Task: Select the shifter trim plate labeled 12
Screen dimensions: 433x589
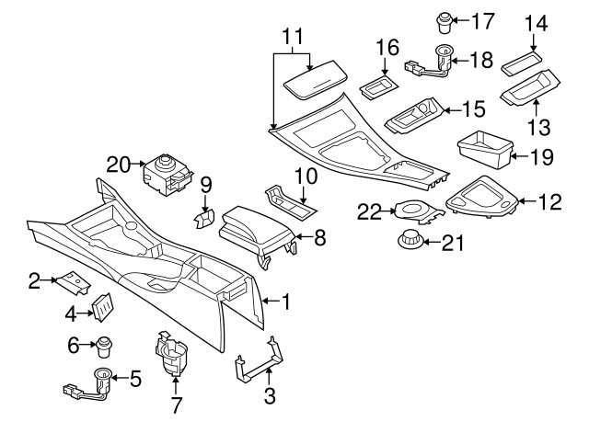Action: point(481,198)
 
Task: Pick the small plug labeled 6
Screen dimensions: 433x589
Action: point(105,347)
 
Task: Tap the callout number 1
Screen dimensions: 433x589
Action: point(286,300)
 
